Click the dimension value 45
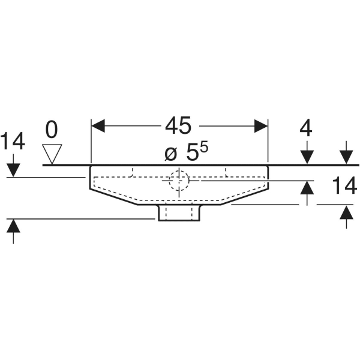pos(178,126)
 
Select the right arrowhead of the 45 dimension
pos(260,126)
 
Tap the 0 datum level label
pos(53,129)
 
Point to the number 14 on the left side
pos(13,142)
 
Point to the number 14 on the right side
pos(344,187)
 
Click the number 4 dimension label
pos(307,129)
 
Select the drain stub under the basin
pos(179,212)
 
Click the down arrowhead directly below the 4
pos(307,157)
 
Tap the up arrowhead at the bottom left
pos(13,227)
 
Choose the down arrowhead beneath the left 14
pos(13,170)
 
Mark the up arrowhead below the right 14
pos(346,212)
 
